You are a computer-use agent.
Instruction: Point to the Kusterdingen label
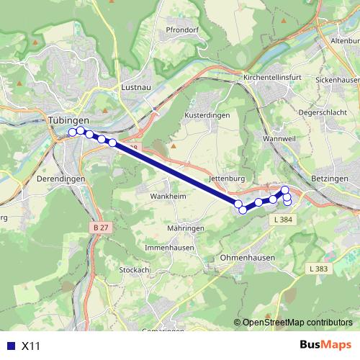click(x=207, y=114)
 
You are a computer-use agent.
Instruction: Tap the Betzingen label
click(x=330, y=178)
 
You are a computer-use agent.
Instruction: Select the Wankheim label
click(x=168, y=196)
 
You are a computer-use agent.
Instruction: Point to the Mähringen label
click(x=186, y=228)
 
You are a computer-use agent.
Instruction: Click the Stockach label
click(x=134, y=270)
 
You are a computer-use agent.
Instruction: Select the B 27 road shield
click(x=102, y=228)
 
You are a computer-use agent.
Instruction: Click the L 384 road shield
click(x=283, y=219)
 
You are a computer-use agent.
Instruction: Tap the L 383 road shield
click(x=318, y=269)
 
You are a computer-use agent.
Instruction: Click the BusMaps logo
click(x=326, y=346)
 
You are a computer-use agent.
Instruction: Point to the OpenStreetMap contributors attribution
click(x=297, y=323)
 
